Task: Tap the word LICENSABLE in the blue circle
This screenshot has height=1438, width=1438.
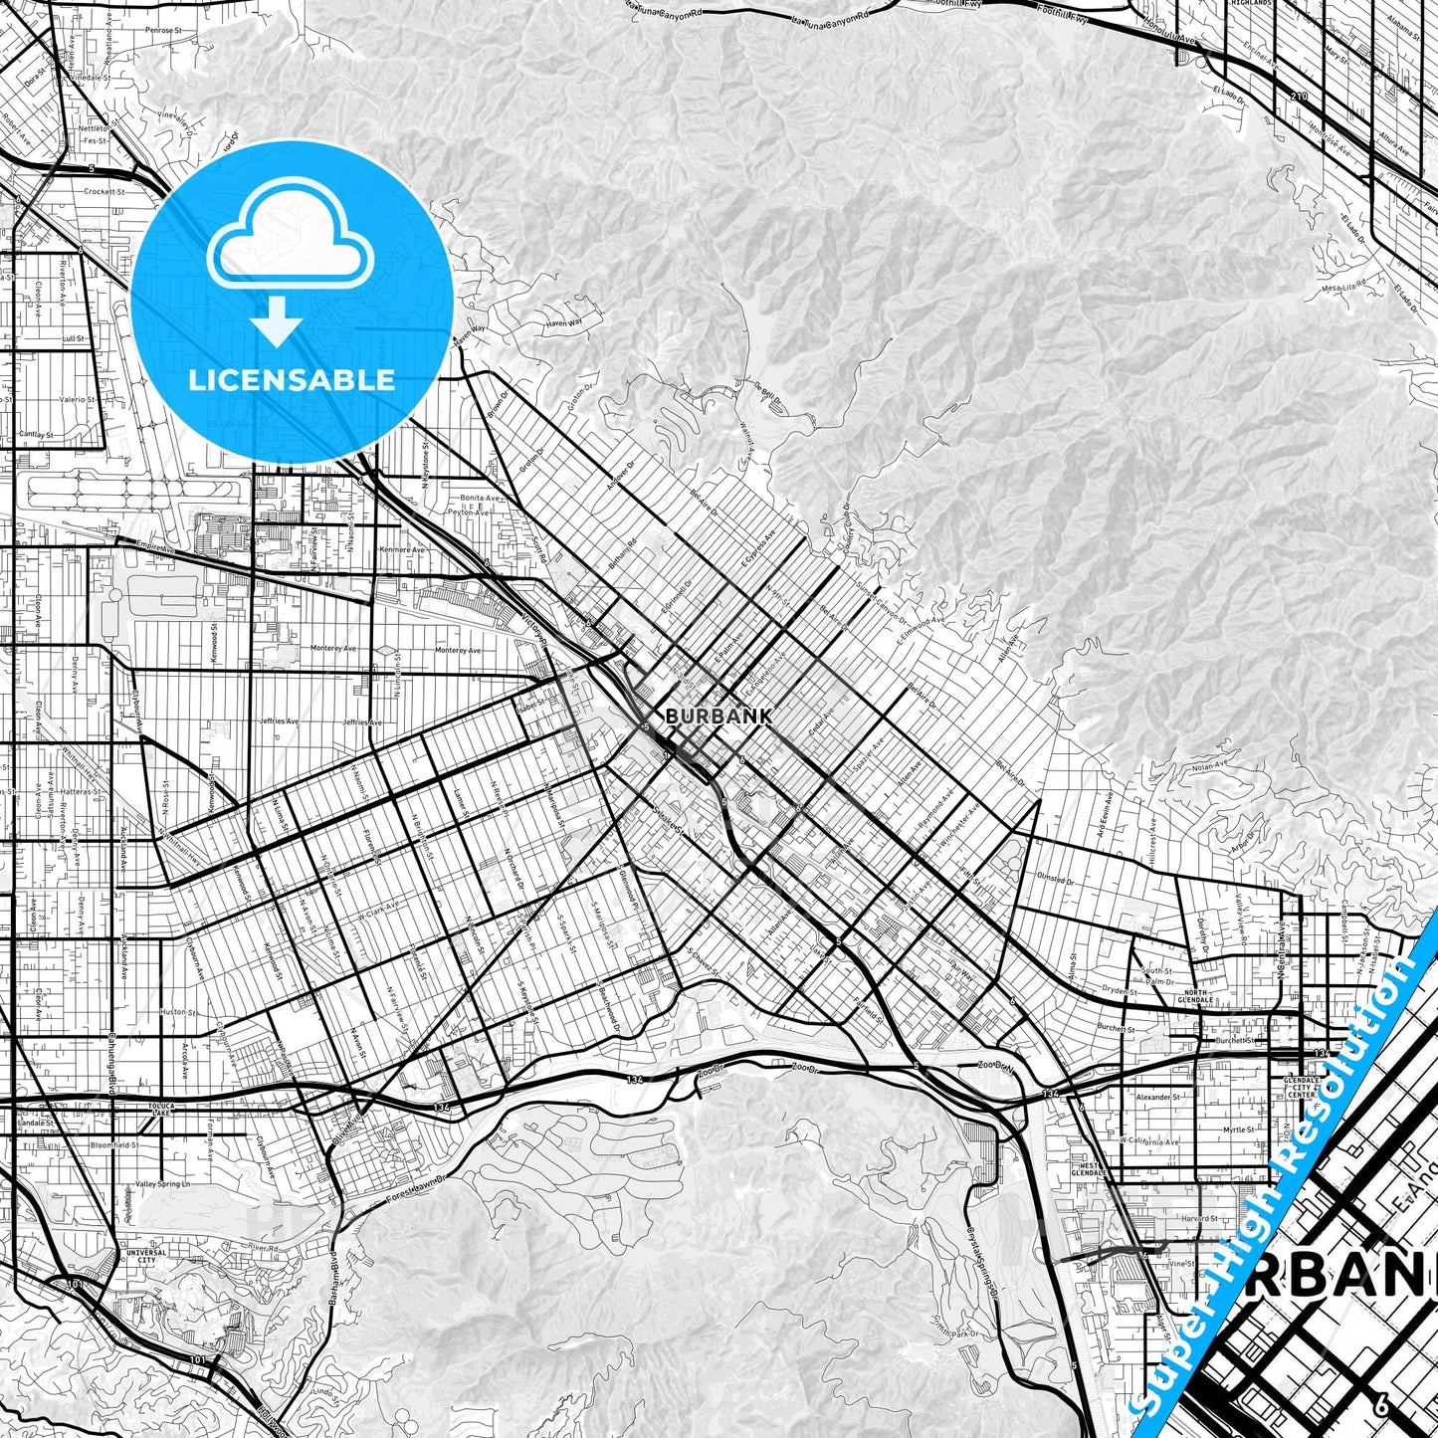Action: point(292,380)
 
